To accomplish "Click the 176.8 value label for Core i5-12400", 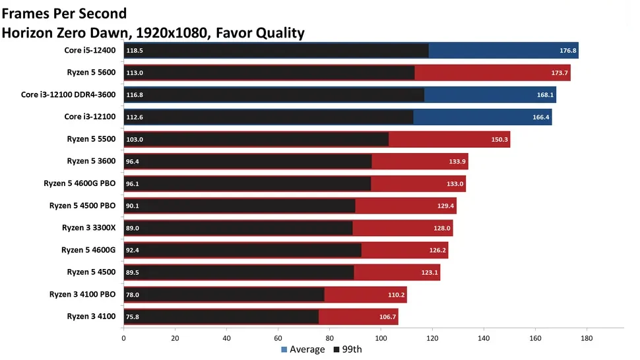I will (567, 51).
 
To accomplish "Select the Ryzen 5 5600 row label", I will (91, 73).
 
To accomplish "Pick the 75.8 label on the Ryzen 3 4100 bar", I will (133, 317).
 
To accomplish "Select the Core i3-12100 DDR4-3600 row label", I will (69, 95).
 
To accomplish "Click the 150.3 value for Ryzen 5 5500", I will (499, 140).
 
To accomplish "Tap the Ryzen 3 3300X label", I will (88, 228).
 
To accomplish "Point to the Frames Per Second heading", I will (65, 13).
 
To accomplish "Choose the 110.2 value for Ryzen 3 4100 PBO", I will (395, 295).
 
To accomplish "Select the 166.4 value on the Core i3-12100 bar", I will (540, 117).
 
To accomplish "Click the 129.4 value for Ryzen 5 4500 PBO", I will (445, 206).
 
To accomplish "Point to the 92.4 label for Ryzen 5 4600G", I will (133, 251).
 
